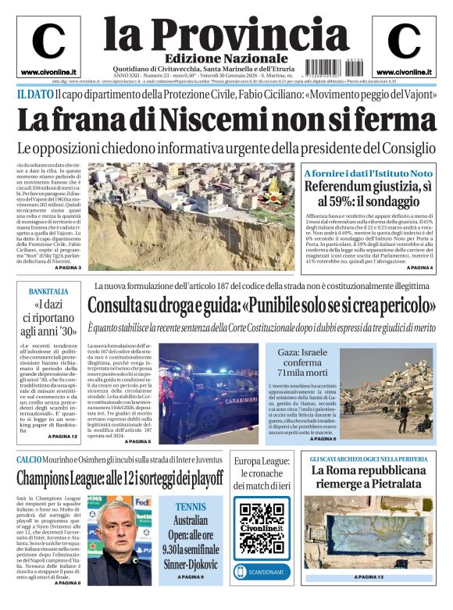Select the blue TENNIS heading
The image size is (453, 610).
pos(191,505)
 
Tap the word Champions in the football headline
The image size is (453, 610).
pos(52,477)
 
